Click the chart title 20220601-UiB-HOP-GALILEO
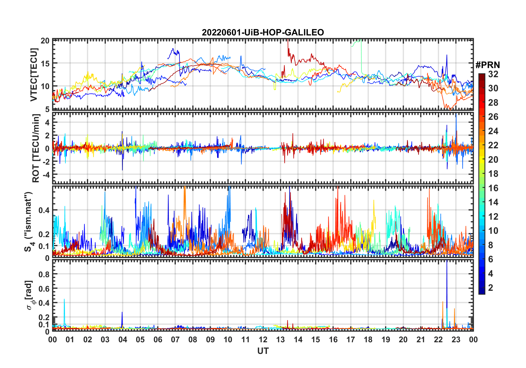click(263, 33)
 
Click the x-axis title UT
click(263, 351)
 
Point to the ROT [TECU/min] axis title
click(36, 148)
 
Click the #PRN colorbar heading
click(488, 65)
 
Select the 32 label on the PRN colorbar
click(493, 74)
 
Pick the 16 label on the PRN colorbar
click(493, 188)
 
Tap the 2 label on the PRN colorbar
click(491, 288)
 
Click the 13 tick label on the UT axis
click(280, 340)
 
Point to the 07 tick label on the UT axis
click(175, 340)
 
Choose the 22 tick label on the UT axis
click(438, 340)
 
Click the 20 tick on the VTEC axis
click(45, 41)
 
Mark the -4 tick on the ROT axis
click(46, 175)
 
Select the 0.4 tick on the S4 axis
click(44, 210)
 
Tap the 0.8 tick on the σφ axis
click(44, 274)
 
